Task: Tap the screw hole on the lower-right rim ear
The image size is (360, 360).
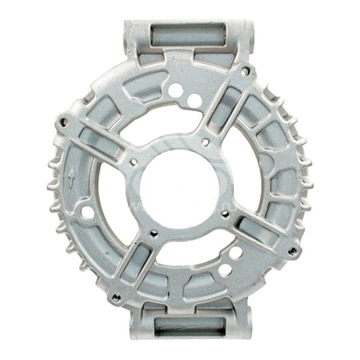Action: point(291,250)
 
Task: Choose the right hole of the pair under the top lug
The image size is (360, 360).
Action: point(194,101)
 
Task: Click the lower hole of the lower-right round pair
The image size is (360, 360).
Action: point(226,270)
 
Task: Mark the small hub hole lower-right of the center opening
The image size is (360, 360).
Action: point(224,215)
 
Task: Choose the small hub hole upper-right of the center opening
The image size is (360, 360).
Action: point(206,141)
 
